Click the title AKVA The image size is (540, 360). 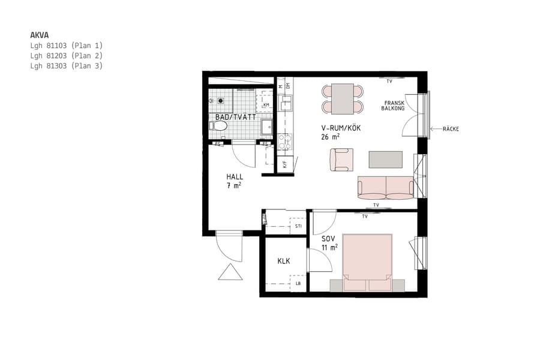40,35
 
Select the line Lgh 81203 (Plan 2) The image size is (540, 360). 67,55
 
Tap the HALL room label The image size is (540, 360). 235,177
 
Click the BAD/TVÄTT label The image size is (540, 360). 236,117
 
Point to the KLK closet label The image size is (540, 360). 284,262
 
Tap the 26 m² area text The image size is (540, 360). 331,137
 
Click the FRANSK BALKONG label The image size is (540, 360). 394,106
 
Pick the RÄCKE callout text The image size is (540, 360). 451,129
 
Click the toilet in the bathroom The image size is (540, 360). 218,126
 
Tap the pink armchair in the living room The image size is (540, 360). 341,160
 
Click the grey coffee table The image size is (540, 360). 385,160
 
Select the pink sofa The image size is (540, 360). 385,188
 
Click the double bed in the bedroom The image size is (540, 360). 367,262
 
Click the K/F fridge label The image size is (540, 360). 285,163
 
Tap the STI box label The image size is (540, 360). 298,226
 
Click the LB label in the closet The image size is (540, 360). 298,283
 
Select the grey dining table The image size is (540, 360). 343,98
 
